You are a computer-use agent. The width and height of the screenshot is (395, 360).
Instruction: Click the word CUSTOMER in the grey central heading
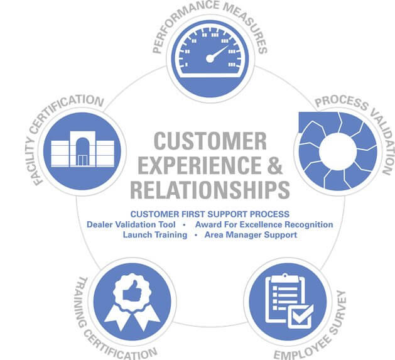[x=210, y=141]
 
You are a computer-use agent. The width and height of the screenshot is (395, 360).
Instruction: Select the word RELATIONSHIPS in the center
[x=210, y=189]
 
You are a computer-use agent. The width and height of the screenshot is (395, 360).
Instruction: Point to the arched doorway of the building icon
[x=83, y=151]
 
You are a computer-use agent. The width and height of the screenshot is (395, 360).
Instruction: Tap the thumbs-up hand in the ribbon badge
[x=132, y=291]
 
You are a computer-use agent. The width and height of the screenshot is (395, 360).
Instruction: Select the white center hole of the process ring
[x=338, y=152]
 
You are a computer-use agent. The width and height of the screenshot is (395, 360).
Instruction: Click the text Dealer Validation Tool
[x=131, y=224]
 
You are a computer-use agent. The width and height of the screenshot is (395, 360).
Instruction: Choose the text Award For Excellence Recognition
[x=264, y=224]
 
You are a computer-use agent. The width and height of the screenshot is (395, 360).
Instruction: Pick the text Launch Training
[x=155, y=235]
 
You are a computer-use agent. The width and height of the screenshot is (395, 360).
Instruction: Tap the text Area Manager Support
[x=251, y=235]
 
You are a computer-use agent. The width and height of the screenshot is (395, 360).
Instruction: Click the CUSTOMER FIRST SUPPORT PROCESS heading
[x=210, y=214]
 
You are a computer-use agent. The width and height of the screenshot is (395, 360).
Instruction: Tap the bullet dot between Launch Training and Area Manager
[x=196, y=235]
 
